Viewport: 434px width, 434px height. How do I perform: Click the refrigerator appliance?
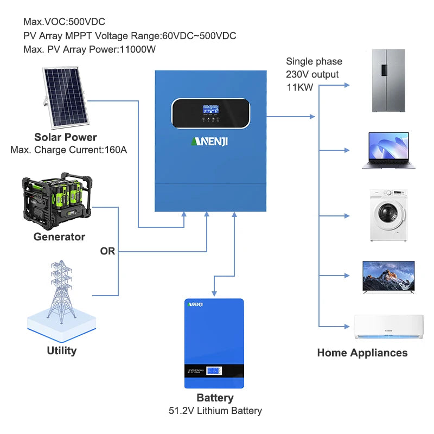[x=388, y=81]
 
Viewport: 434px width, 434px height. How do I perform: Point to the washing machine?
[x=388, y=215]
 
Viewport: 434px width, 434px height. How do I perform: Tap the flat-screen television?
[x=388, y=276]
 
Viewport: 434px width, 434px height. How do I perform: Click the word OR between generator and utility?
[x=107, y=251]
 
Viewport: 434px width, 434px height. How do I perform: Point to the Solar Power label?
[x=66, y=137]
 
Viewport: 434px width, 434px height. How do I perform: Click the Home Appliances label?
[x=362, y=353]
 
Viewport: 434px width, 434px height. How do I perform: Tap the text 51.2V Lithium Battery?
[x=215, y=411]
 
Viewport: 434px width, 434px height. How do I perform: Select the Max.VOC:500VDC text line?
[x=64, y=22]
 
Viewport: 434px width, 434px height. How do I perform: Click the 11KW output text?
[x=299, y=87]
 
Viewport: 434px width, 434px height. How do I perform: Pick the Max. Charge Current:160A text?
[x=68, y=149]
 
